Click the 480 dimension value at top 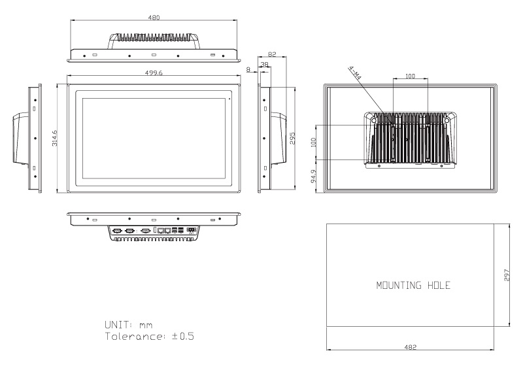154,18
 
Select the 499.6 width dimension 154,73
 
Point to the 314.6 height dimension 55,138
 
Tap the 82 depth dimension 272,54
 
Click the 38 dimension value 264,64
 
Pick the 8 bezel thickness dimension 248,70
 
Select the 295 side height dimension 292,139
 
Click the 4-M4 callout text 355,73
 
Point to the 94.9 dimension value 314,176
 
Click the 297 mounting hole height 507,275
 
